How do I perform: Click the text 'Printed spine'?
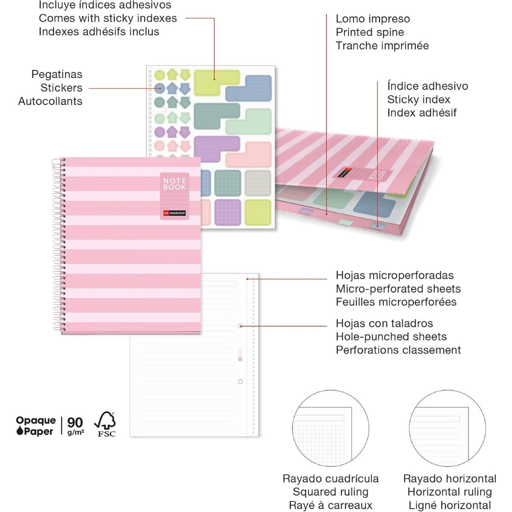(x=370, y=32)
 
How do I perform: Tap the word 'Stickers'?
(x=61, y=88)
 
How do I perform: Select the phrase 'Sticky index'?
(x=419, y=100)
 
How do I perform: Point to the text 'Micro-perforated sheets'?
(x=398, y=289)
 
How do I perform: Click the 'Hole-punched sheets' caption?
(x=391, y=337)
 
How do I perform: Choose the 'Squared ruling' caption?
(x=330, y=492)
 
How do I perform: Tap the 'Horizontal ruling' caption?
(x=449, y=492)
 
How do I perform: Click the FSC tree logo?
(x=105, y=424)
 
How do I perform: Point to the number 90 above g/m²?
(x=75, y=422)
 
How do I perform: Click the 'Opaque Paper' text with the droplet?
(x=36, y=426)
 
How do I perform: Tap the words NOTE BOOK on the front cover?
(x=174, y=184)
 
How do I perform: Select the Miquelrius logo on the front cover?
(x=174, y=213)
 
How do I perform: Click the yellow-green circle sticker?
(x=159, y=75)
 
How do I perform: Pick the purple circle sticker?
(x=159, y=132)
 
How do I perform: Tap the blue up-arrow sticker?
(x=172, y=88)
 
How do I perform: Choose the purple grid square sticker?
(x=228, y=212)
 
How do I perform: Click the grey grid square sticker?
(x=258, y=183)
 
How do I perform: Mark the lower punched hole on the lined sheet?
(x=240, y=381)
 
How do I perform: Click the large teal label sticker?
(x=216, y=116)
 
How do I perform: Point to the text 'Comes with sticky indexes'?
(x=108, y=18)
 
